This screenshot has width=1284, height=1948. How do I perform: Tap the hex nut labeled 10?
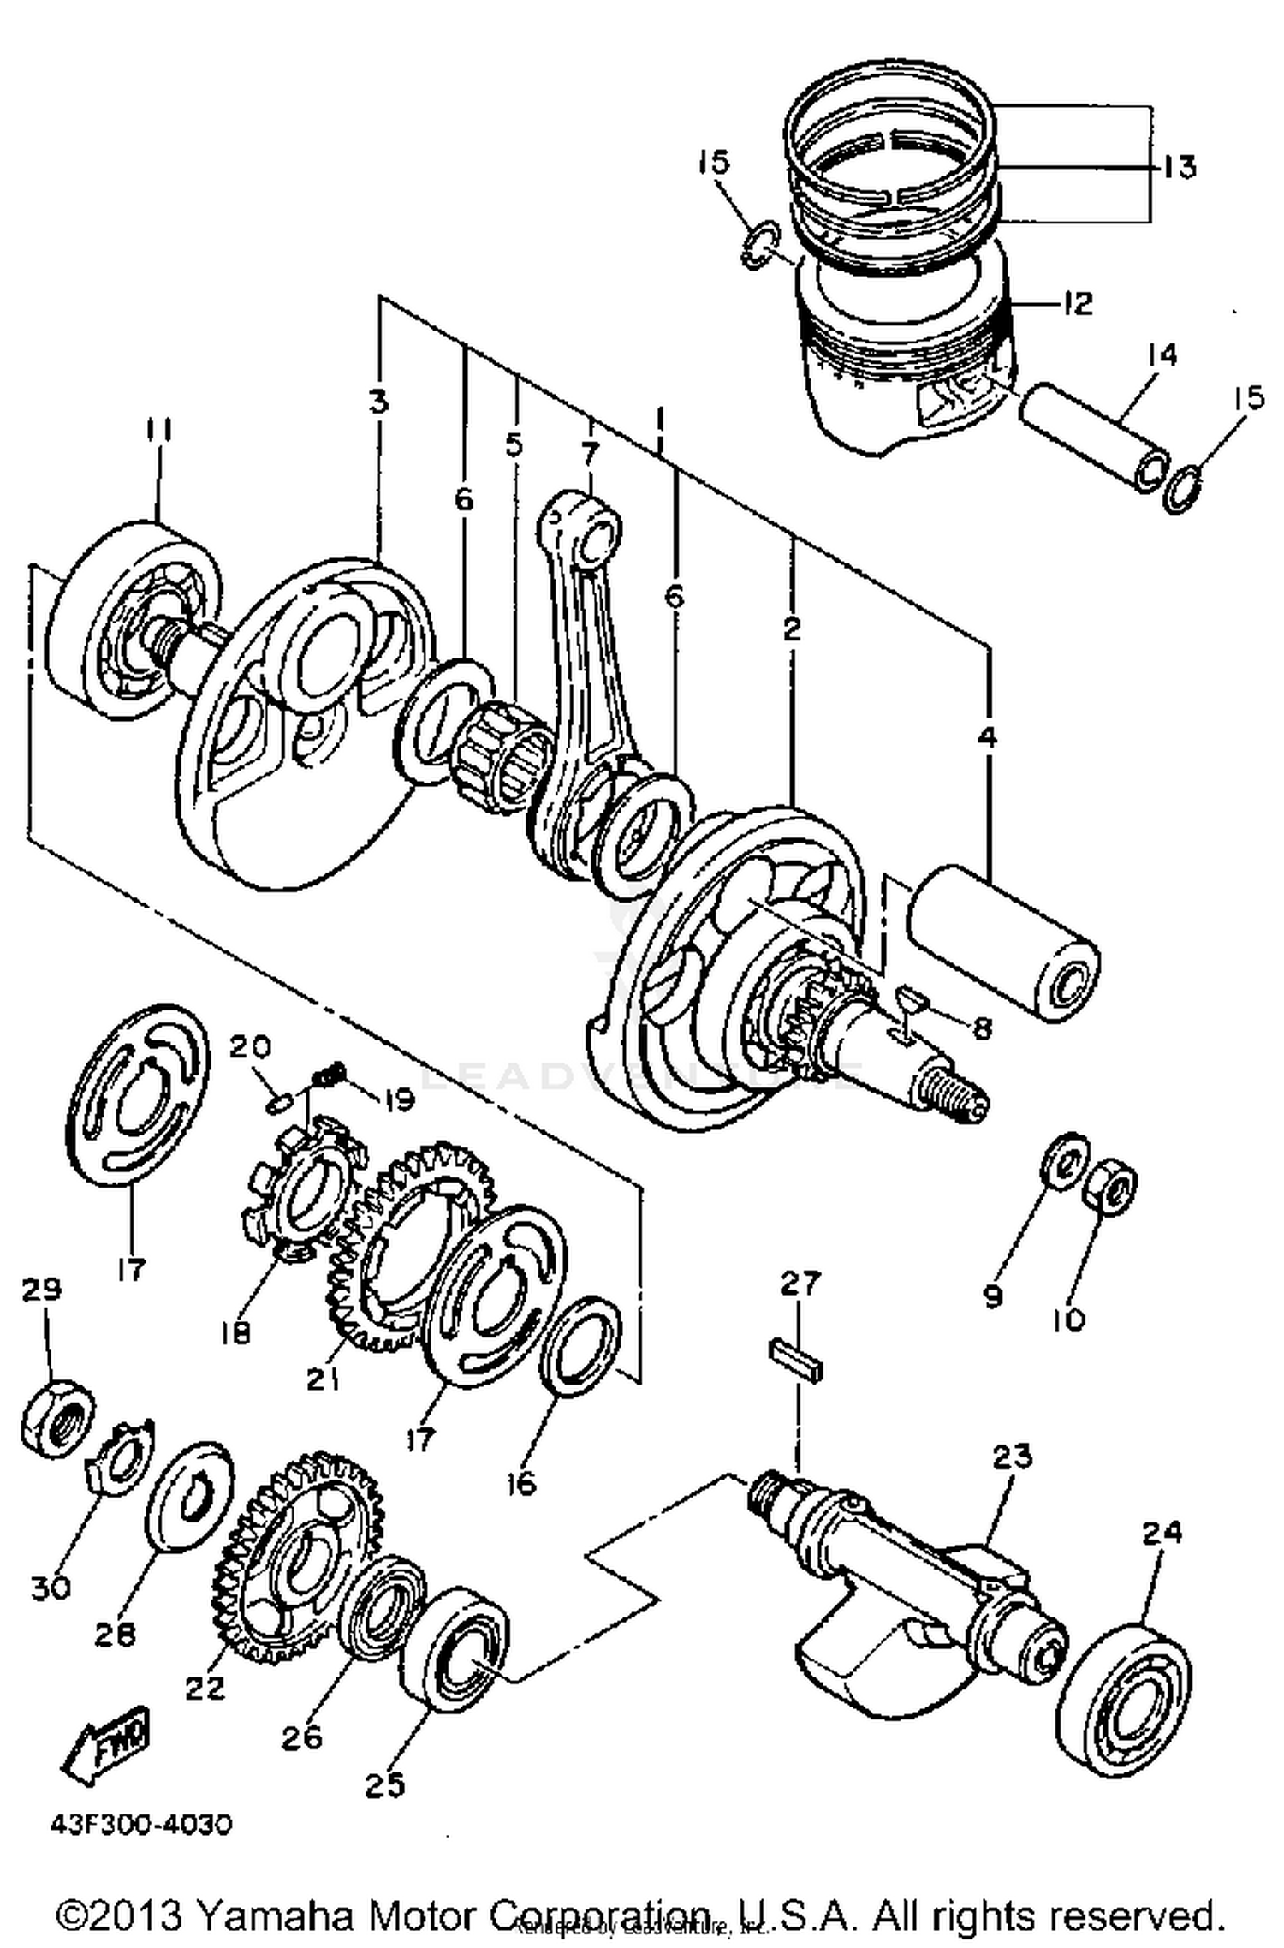coord(1109,1184)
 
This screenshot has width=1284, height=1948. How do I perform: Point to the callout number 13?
coord(1180,166)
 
